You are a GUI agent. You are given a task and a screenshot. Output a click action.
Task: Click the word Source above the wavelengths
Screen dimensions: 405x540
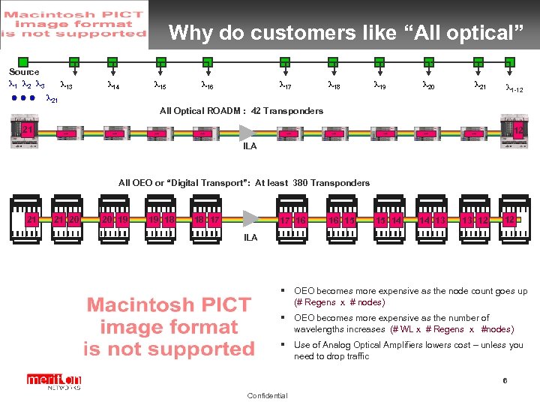click(24, 72)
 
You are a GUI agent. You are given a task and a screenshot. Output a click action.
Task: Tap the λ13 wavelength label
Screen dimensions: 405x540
click(65, 86)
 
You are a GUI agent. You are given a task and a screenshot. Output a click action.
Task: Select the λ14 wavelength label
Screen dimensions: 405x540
click(115, 86)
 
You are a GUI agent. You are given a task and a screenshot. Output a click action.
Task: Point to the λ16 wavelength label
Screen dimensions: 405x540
click(207, 86)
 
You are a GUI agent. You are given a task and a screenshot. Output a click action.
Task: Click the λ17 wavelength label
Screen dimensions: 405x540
click(285, 86)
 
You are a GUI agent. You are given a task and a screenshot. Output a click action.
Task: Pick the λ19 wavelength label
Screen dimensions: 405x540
click(380, 86)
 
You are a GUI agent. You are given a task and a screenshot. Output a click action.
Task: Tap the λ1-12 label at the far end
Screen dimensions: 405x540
click(514, 88)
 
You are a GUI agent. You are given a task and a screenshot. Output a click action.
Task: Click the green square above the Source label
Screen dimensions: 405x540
click(23, 61)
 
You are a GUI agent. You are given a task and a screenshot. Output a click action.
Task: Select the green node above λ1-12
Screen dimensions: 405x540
click(510, 62)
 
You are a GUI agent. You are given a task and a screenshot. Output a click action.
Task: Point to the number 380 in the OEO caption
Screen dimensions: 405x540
click(301, 183)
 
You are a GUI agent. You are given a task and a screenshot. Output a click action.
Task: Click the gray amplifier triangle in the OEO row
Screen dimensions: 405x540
click(250, 220)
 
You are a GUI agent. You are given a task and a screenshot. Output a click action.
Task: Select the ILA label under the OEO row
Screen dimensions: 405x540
click(250, 238)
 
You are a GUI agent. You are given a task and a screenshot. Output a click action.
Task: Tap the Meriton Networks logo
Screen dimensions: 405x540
click(53, 381)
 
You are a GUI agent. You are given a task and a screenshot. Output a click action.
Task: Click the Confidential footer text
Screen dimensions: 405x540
click(266, 396)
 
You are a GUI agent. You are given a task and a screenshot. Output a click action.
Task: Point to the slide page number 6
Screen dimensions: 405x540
click(505, 381)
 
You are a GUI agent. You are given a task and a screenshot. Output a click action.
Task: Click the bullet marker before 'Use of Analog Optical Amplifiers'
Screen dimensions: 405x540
click(285, 345)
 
